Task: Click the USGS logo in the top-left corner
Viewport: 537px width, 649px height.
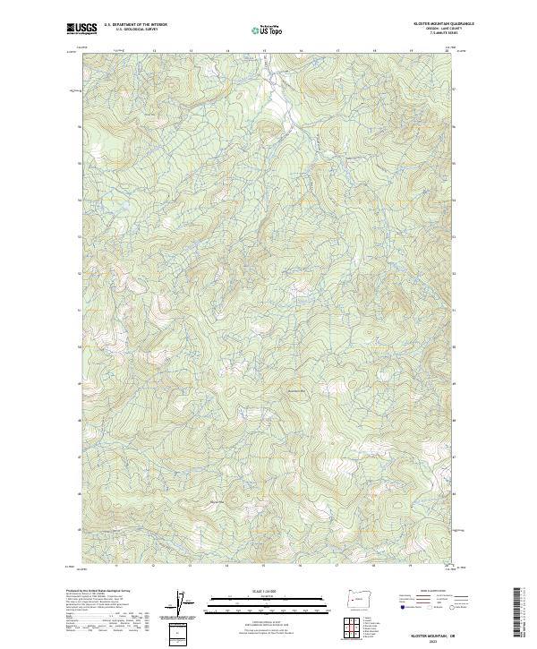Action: [82, 28]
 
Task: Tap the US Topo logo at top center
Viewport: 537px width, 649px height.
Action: [268, 30]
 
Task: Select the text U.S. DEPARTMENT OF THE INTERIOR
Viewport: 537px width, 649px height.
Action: [135, 25]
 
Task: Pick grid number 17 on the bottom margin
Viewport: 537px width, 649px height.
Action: [337, 566]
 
